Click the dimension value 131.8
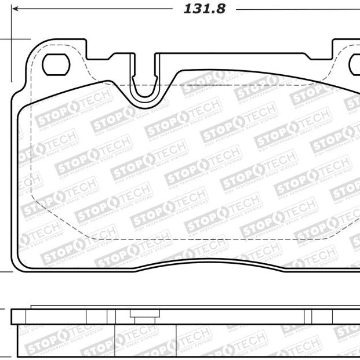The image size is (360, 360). click(205, 9)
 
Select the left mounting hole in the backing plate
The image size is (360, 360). click(56, 64)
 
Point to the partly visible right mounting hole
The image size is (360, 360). click(354, 65)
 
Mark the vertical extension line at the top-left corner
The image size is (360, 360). click(12, 23)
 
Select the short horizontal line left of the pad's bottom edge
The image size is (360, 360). click(6, 271)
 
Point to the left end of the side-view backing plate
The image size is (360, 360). click(13, 317)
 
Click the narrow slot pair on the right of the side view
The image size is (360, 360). click(309, 317)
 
